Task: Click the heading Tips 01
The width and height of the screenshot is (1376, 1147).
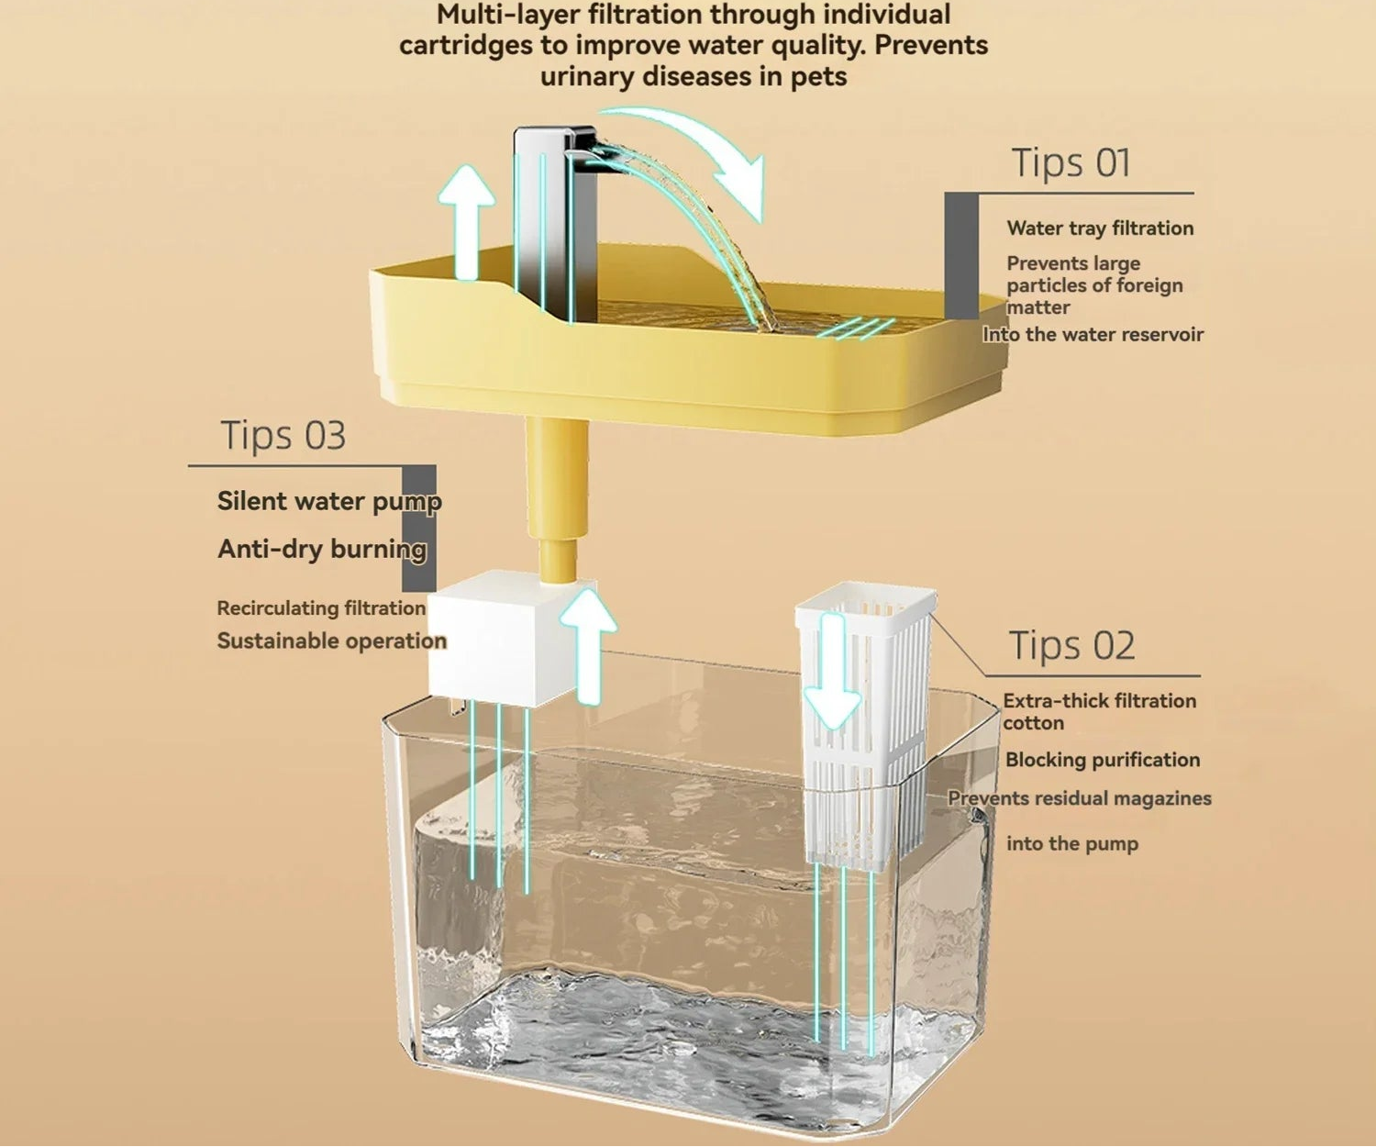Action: click(1071, 163)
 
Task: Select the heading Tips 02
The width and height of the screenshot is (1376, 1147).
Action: click(1071, 646)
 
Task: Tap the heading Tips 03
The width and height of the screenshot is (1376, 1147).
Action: click(283, 435)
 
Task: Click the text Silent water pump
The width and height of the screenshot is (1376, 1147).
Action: click(329, 501)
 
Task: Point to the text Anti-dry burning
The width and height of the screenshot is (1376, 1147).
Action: click(322, 549)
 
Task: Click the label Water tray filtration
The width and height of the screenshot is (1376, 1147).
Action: click(1100, 228)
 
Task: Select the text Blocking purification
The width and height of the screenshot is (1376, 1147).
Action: click(1103, 760)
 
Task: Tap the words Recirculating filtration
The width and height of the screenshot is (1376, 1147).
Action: click(321, 608)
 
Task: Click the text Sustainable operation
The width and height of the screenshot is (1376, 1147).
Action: click(331, 640)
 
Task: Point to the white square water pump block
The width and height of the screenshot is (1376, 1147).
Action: click(491, 638)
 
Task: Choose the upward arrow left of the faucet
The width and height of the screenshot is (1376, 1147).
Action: click(466, 222)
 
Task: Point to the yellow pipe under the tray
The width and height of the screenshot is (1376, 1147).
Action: click(556, 496)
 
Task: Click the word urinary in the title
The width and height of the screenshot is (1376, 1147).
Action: click(588, 76)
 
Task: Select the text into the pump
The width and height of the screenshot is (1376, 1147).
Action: click(1071, 843)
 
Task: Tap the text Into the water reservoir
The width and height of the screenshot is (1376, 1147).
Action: click(1093, 335)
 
